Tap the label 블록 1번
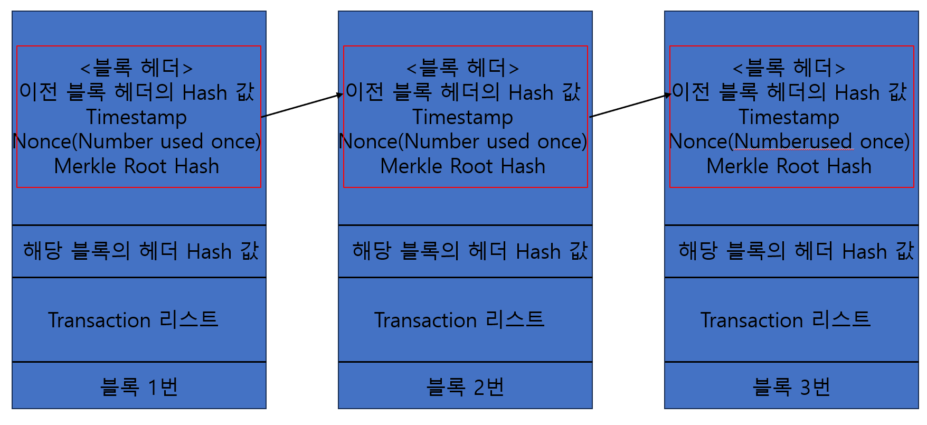[139, 387]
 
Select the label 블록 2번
[465, 387]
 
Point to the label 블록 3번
[791, 387]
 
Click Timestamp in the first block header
[136, 117]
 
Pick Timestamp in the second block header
[462, 117]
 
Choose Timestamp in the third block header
[789, 117]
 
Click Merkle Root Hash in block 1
[136, 166]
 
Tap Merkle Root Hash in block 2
[462, 166]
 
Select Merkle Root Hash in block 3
[789, 166]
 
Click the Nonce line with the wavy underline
[789, 141]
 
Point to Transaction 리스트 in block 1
[133, 320]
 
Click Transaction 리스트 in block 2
[459, 320]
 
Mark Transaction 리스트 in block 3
[786, 320]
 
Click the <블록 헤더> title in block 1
[136, 68]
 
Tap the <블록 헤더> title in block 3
[789, 68]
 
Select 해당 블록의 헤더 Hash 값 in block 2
[470, 251]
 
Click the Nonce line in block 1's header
[136, 141]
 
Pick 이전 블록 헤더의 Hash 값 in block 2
[463, 92]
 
